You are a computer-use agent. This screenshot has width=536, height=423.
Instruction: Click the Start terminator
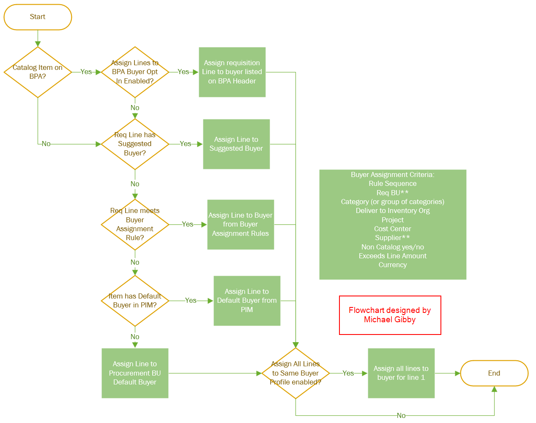coord(38,17)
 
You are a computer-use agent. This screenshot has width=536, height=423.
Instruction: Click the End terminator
coord(494,373)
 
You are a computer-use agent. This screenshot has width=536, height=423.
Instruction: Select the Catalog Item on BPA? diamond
coord(38,72)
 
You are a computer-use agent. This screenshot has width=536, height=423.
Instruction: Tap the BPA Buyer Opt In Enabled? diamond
coord(135,72)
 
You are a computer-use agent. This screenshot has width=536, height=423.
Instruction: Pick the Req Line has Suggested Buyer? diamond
coord(135,144)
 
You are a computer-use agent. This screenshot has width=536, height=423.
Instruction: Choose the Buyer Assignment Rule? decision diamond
coord(135,224)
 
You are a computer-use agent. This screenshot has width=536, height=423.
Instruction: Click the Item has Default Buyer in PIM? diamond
coord(135,301)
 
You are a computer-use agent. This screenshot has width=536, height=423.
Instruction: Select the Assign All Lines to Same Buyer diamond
coord(295,373)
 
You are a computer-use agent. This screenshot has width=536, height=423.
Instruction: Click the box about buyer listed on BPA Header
coord(232,72)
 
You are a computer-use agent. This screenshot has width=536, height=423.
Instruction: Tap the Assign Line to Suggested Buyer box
coord(236,144)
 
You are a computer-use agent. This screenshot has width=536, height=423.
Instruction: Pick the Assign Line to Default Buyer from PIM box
coord(247,301)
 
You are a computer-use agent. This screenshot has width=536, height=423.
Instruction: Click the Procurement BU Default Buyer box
coord(135,373)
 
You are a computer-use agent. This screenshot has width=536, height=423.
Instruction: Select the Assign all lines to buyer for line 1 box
coord(401,373)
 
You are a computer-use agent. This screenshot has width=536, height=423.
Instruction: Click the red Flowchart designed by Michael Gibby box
coord(390,315)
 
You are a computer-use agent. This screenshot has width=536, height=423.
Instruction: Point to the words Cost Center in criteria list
coord(392,229)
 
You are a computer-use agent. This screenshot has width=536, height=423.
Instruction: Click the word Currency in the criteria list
coord(392,265)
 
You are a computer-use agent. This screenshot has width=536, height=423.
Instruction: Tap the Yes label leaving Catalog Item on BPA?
coord(86,72)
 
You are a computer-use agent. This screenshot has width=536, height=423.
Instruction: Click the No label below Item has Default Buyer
coord(135,337)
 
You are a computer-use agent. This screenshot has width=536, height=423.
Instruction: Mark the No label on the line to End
coord(401,416)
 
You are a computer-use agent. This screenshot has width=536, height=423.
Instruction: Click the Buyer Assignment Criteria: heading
coord(392,174)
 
